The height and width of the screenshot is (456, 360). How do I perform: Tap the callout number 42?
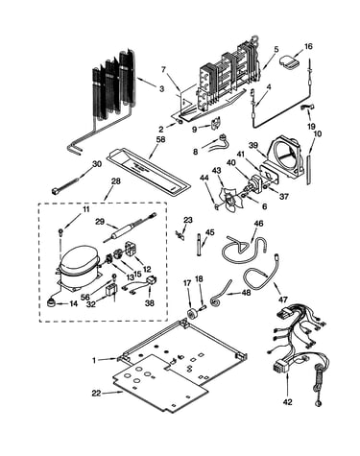(288, 402)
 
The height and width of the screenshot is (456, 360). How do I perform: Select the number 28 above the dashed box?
(116, 181)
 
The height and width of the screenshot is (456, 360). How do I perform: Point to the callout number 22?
(96, 394)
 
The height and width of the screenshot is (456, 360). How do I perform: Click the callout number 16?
(308, 46)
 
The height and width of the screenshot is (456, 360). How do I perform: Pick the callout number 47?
(283, 300)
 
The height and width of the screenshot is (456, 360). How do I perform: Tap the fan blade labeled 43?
(230, 200)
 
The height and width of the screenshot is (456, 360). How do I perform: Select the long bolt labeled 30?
(65, 187)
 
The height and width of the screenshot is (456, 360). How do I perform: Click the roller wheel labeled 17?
(193, 313)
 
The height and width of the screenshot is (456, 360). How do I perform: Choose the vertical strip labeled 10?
(308, 169)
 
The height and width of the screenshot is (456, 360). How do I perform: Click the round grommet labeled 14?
(50, 302)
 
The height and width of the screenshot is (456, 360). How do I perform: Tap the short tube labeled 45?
(200, 245)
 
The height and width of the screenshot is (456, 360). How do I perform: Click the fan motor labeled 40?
(255, 185)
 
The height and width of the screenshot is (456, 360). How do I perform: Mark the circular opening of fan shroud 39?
(285, 156)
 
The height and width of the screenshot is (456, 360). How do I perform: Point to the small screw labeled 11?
(60, 231)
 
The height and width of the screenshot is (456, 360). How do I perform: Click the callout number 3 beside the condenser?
(161, 88)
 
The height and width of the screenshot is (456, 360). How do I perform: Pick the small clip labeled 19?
(306, 108)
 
